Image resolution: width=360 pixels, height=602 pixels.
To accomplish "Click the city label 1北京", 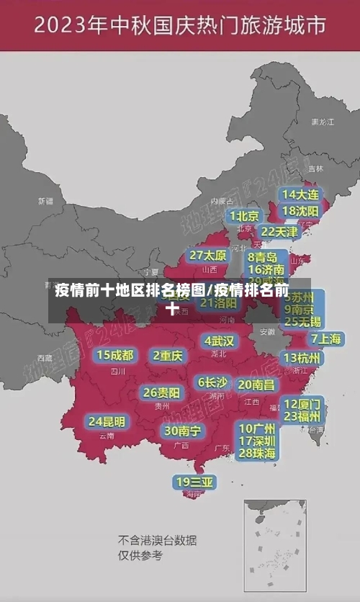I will pos(244,215).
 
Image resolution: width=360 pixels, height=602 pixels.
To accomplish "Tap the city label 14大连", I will pos(301,194).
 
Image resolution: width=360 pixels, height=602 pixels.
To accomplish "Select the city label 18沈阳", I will pos(301,211).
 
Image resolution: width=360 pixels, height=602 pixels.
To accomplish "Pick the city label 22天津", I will pos(279,232).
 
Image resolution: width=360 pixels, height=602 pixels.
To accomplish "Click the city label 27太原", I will pos(208,255).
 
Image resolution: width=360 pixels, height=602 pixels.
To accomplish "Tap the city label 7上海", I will pos(325,338).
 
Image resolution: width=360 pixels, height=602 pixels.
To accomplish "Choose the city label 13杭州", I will pos(303,358).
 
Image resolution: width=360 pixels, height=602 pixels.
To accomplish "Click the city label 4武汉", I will pos(220,341).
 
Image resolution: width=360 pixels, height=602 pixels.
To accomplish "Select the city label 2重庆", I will pos(168,355).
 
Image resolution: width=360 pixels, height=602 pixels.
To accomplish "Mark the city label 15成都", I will pos(115,355).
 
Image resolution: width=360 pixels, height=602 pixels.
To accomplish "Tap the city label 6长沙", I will pos(212,382).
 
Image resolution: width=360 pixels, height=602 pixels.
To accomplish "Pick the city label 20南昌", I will pos(256,385).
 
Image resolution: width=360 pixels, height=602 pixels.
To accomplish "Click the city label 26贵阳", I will pos(162,392).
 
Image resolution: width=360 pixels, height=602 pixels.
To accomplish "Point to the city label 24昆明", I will pos(107,421).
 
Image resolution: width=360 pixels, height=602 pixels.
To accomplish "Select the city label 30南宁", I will pos(182,431).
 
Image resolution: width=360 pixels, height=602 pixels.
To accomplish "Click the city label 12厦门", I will pos(302,403).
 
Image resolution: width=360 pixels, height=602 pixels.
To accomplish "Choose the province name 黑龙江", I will pos(323,122).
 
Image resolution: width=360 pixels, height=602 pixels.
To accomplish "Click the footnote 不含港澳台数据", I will pos(158,541).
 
